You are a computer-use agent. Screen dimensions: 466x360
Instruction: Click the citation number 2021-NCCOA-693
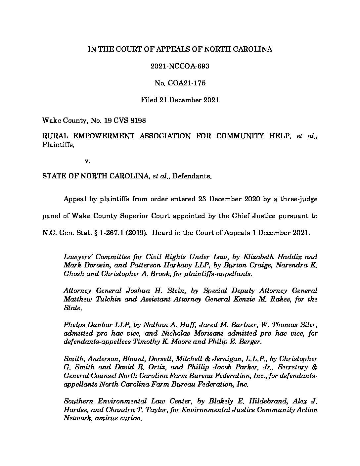point(180,66)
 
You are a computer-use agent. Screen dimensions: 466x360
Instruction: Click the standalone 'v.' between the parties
point(87,161)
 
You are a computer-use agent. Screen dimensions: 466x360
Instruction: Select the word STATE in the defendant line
point(53,176)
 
